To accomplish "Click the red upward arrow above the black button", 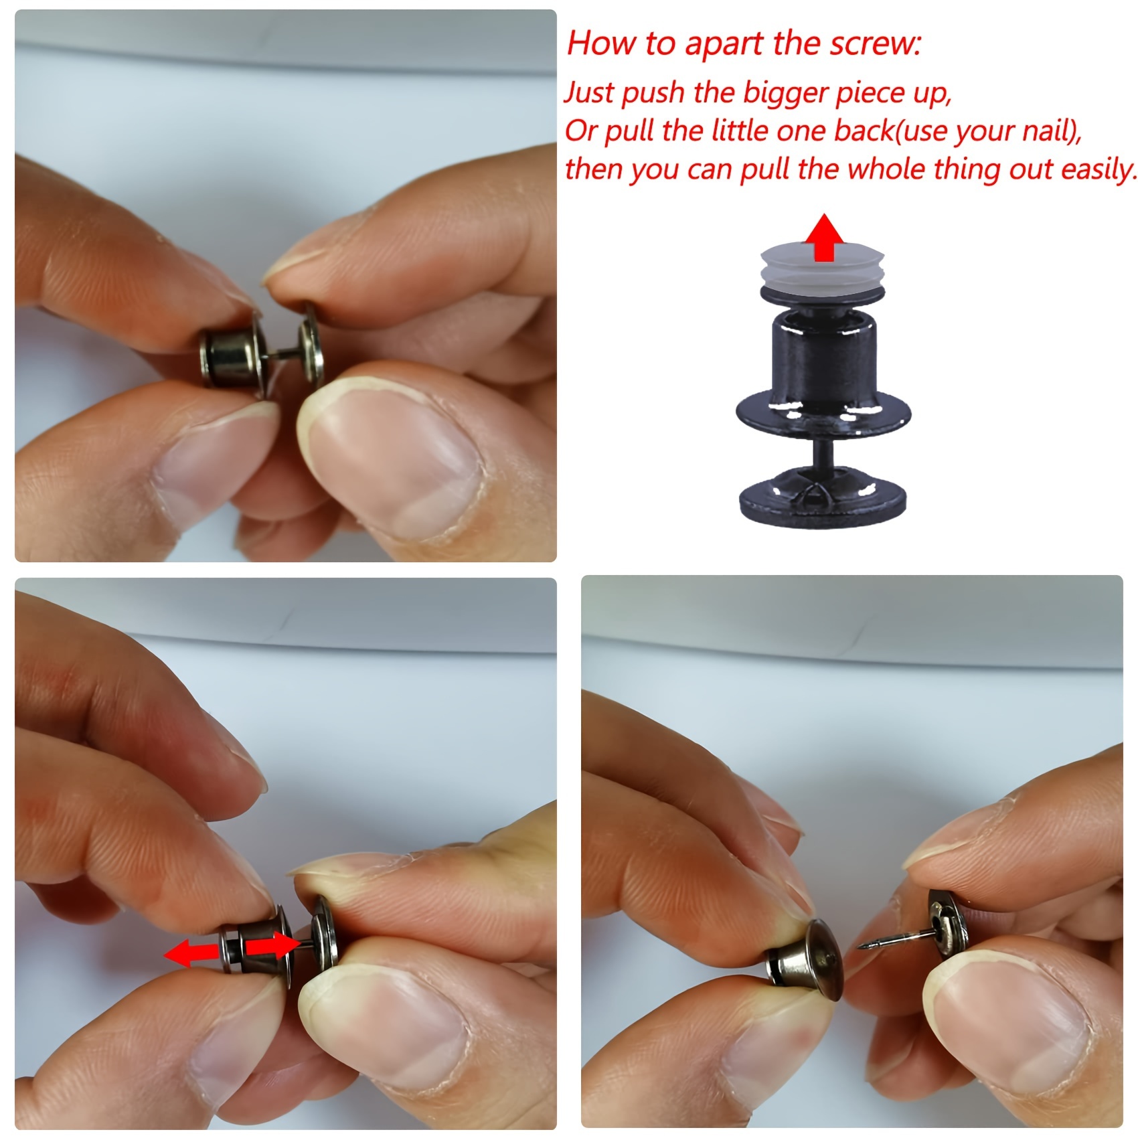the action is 825,237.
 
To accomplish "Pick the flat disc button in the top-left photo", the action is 310,349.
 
